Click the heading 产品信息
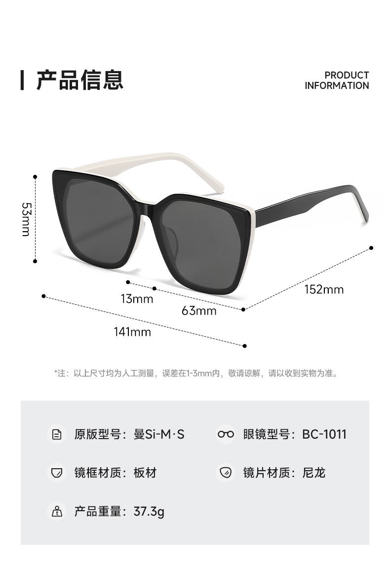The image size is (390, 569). (79, 80)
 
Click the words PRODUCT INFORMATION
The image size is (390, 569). (337, 80)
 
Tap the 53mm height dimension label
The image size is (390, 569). (26, 218)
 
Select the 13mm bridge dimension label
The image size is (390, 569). (137, 299)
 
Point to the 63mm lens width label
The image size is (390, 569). (199, 311)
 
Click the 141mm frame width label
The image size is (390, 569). (132, 332)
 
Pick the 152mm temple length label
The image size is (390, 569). (324, 289)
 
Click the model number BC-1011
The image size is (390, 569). (324, 434)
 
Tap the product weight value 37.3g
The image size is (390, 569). (149, 511)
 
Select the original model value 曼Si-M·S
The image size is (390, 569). (159, 434)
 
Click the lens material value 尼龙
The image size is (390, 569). (314, 473)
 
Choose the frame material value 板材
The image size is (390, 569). (145, 473)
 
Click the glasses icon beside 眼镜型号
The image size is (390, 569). (226, 434)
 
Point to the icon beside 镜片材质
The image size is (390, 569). (226, 473)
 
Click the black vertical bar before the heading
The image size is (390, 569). (22, 80)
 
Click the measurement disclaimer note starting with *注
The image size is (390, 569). (196, 373)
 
